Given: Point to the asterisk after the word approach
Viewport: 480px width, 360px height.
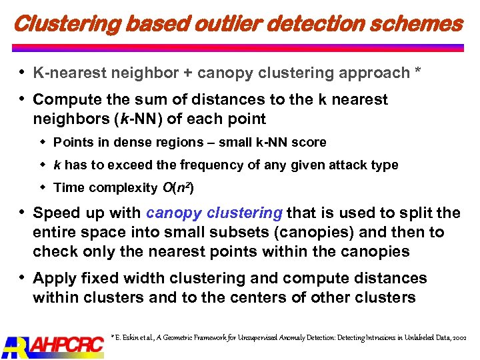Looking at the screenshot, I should pyautogui.click(x=417, y=71).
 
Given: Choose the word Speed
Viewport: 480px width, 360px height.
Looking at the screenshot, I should pyautogui.click(x=55, y=213).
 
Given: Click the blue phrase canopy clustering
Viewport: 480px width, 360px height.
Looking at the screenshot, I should pyautogui.click(x=214, y=213).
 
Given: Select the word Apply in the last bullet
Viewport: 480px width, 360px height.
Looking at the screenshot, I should pyautogui.click(x=54, y=278).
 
